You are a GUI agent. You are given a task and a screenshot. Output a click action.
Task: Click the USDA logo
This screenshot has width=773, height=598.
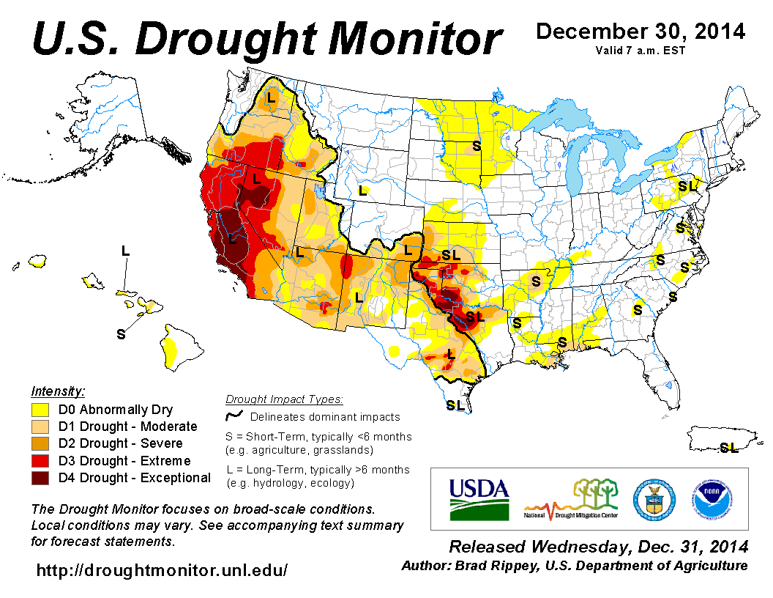pos(478,498)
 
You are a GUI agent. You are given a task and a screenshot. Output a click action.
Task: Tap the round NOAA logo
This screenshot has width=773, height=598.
pos(708,498)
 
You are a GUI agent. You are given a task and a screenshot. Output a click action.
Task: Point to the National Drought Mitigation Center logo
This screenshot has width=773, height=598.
pos(571,498)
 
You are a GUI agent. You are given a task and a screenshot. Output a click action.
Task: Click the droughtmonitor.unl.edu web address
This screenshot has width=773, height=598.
pos(162,569)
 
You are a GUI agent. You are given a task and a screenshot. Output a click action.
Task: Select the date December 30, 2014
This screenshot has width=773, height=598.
pos(641,32)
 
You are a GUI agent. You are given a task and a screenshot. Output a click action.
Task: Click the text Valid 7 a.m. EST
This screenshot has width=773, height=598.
pos(641,51)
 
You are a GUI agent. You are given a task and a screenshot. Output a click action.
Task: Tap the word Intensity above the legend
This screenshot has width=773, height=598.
pos(58,391)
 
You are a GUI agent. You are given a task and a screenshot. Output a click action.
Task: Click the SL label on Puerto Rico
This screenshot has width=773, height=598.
pos(728,447)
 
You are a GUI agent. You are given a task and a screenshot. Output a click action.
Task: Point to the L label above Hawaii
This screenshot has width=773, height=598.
pos(125,251)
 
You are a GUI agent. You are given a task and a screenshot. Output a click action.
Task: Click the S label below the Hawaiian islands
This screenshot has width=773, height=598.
pos(121,334)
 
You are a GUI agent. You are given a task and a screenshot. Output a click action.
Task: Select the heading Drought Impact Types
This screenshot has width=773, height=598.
pos(283,399)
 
